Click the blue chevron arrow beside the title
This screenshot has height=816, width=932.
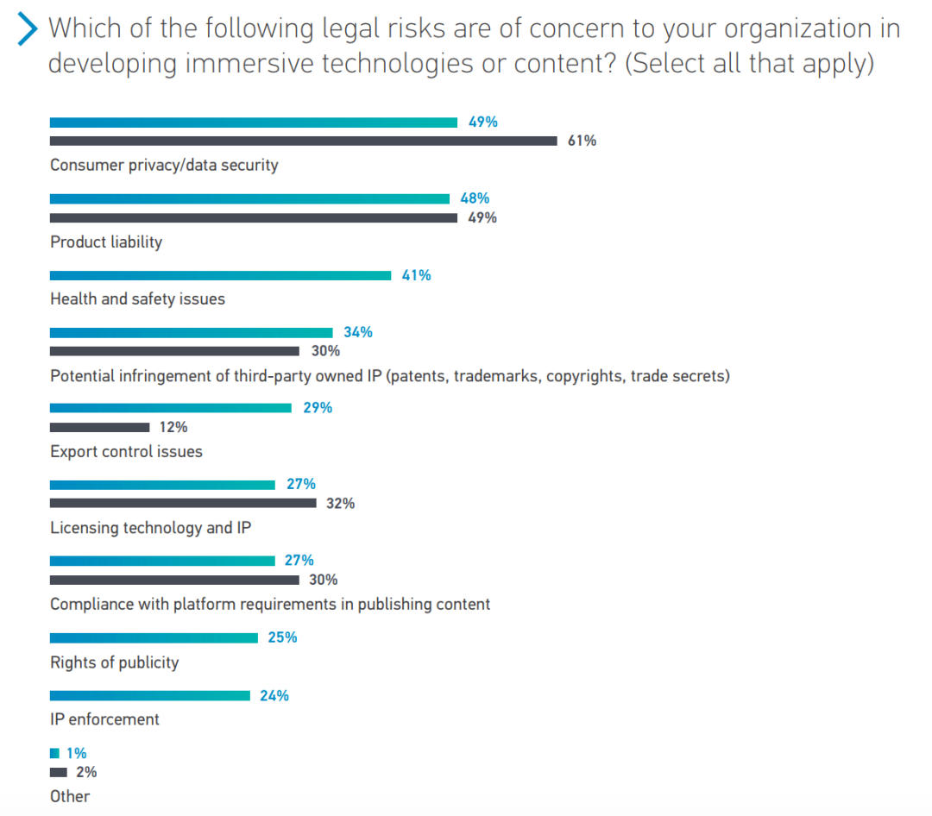click(28, 29)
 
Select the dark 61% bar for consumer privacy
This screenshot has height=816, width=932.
click(303, 141)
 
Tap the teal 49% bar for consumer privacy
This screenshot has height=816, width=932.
click(254, 122)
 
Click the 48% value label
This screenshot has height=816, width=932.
click(475, 198)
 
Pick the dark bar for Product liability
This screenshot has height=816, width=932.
click(254, 218)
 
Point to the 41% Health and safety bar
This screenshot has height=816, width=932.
click(220, 276)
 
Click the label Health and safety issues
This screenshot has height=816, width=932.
click(137, 299)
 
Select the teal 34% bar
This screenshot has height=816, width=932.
click(191, 333)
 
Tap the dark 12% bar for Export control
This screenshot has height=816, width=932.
click(99, 427)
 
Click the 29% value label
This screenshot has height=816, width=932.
click(318, 408)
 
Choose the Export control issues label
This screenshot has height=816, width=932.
click(126, 452)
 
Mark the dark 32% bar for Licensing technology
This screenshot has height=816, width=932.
click(183, 503)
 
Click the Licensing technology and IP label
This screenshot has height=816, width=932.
click(150, 528)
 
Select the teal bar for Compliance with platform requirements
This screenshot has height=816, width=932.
click(162, 561)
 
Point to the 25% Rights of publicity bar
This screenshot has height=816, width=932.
click(154, 637)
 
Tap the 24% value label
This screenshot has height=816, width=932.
click(274, 695)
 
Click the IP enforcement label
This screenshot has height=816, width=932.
click(104, 719)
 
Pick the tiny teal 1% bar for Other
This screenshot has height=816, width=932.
click(54, 753)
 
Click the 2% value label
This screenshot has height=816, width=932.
click(86, 772)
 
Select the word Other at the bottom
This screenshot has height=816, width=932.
click(70, 796)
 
